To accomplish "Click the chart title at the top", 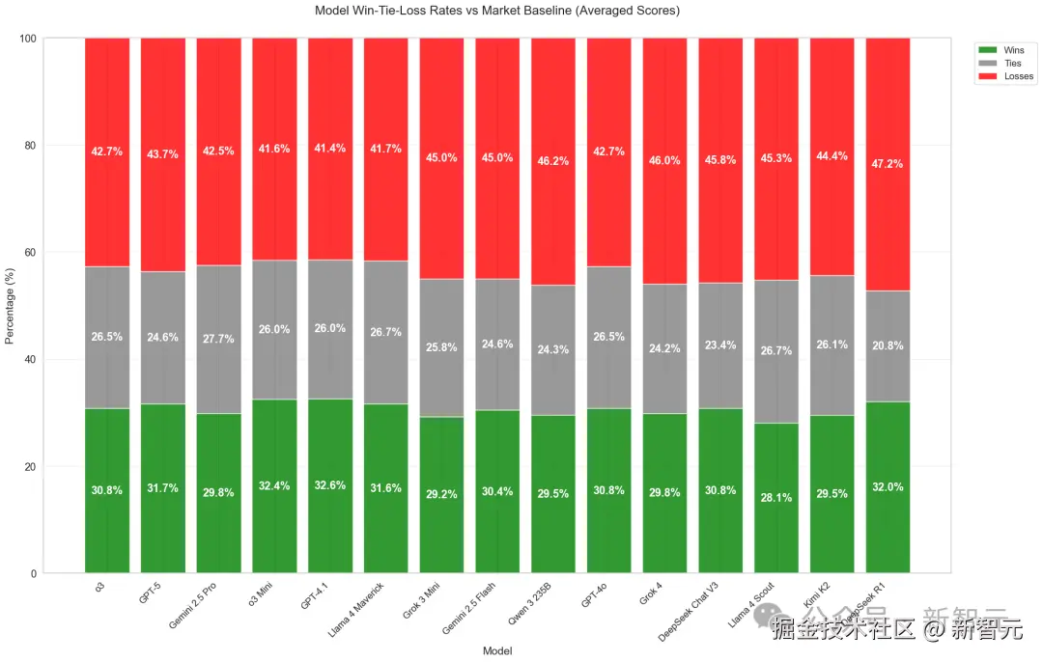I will [497, 11].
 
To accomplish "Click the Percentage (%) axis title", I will [11, 306].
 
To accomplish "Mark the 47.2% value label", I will [888, 164].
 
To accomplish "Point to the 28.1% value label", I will [776, 498].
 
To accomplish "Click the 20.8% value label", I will [888, 345].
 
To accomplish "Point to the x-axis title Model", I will [497, 651].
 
